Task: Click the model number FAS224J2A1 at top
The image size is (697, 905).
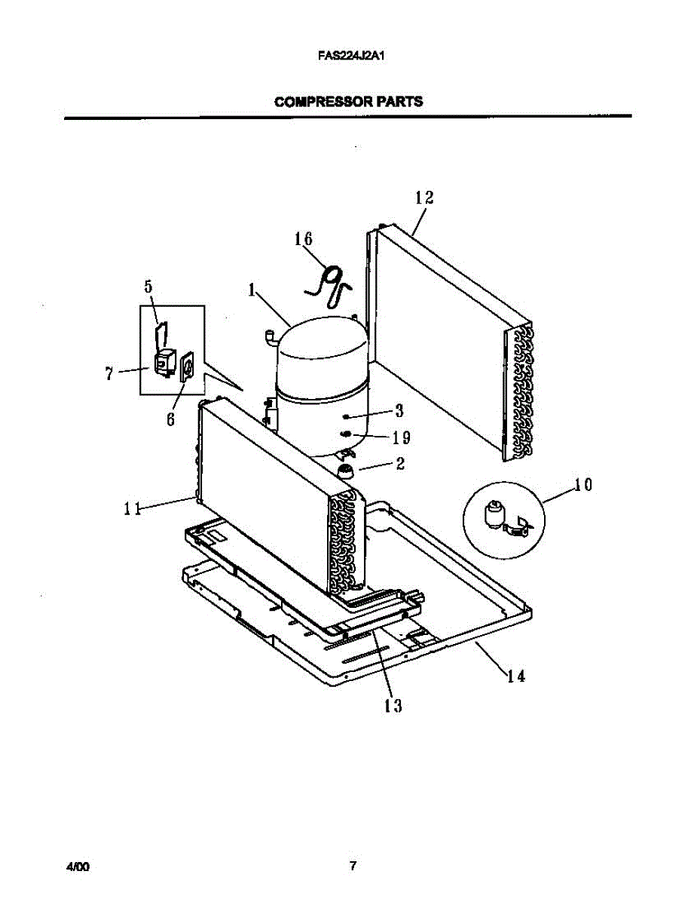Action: (x=347, y=55)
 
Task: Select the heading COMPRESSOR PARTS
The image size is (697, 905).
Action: (x=348, y=101)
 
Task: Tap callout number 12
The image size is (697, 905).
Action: (x=424, y=198)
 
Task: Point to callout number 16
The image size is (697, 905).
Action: (x=303, y=239)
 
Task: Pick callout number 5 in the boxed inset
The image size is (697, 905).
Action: (x=148, y=287)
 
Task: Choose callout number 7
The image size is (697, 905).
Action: (x=110, y=373)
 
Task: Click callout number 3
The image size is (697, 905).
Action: (x=399, y=411)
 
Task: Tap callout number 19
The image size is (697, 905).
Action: (x=401, y=437)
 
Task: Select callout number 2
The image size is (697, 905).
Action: (x=400, y=464)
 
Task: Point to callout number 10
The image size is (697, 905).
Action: (x=582, y=484)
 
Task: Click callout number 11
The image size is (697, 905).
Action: (x=133, y=508)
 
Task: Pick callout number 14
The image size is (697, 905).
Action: (x=515, y=676)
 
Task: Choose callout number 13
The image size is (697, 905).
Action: (x=392, y=706)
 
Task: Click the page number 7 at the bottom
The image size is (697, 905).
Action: (x=352, y=867)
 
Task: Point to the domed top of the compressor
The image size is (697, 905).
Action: (x=320, y=347)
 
